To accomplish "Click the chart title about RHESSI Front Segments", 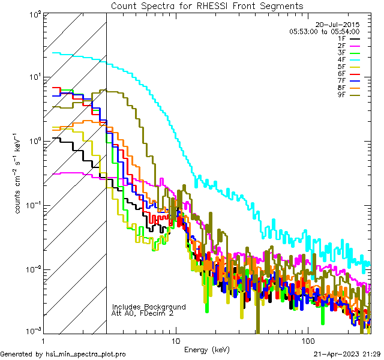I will click(x=207, y=5).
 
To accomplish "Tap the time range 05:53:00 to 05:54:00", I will click(x=324, y=31).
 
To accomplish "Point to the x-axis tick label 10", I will click(x=175, y=340).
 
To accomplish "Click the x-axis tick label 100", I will click(x=307, y=340).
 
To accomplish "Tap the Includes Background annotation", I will click(x=149, y=307).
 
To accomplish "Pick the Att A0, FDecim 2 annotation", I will click(x=143, y=313).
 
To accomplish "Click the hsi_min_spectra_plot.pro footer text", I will click(x=63, y=354).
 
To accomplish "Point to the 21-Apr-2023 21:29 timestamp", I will click(x=347, y=354).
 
